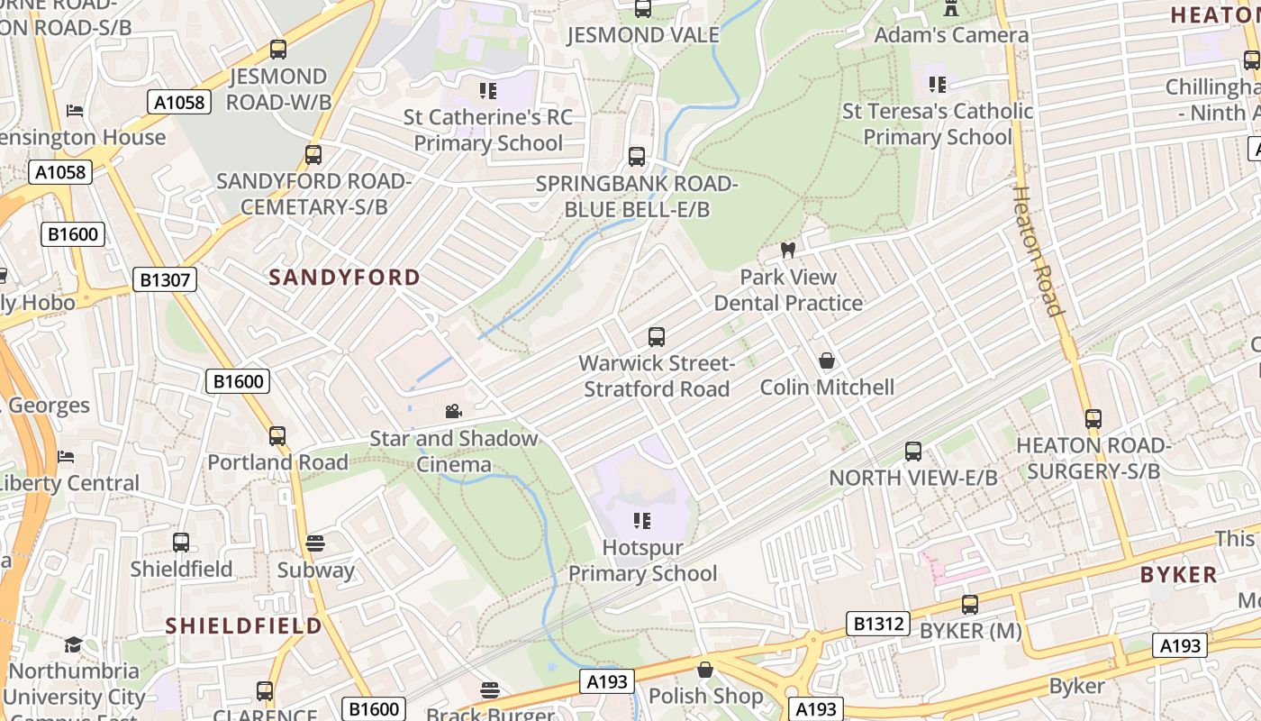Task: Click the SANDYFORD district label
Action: pos(344,278)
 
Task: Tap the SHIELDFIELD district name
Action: pos(243,625)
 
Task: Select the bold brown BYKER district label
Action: pos(1178,575)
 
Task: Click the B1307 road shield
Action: pos(166,280)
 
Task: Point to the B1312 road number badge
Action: pos(878,624)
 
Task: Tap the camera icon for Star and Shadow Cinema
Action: pos(454,412)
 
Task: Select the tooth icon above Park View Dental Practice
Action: pos(788,250)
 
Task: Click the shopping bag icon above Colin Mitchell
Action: pos(827,361)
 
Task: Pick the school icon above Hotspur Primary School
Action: pos(641,520)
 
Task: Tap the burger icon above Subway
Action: pos(314,543)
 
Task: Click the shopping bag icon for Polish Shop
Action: pos(705,670)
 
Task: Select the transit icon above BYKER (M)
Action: pos(970,605)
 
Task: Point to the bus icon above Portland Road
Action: pos(277,436)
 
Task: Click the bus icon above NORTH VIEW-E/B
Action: pos(913,452)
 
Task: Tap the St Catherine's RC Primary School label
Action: pos(487,130)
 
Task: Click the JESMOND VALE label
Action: pos(642,35)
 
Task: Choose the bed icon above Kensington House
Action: pos(76,111)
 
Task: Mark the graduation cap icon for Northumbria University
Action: pos(73,644)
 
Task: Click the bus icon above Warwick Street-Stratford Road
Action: pos(657,338)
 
